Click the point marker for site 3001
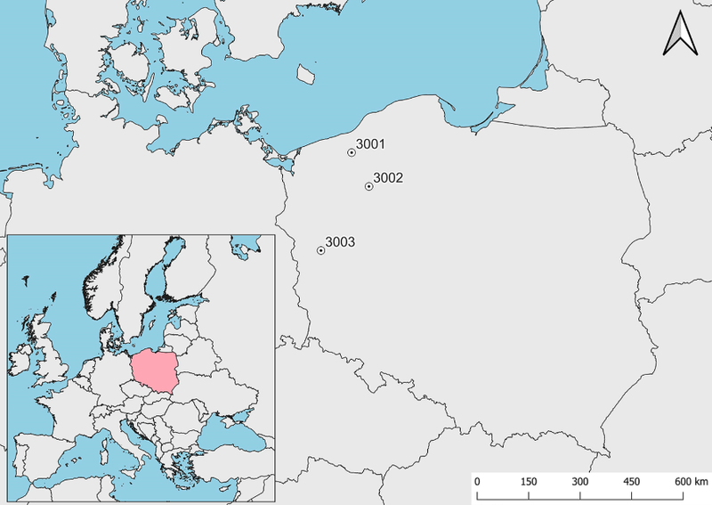[352, 152]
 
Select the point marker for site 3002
[368, 186]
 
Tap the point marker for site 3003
[320, 250]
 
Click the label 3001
[370, 143]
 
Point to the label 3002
[388, 177]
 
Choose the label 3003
[340, 241]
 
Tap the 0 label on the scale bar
[477, 482]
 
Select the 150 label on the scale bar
[528, 482]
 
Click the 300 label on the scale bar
[580, 482]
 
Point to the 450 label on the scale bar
[632, 482]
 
